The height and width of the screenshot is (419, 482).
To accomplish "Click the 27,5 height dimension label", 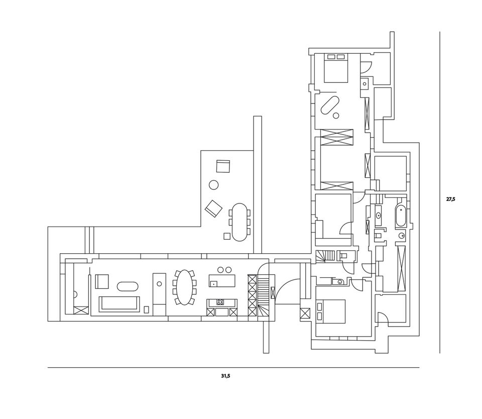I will tap(450, 199).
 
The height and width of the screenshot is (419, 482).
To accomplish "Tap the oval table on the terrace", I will tap(240, 222).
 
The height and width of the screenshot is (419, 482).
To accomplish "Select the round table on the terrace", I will tap(214, 185).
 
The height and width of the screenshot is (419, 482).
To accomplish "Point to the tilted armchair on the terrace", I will tap(213, 207).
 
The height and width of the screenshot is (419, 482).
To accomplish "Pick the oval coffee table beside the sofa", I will tap(128, 286).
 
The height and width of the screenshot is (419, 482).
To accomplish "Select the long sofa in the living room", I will tap(119, 304).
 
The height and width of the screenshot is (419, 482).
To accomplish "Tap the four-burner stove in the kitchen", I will tap(220, 302).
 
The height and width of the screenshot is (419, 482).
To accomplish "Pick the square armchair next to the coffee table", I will tap(102, 281).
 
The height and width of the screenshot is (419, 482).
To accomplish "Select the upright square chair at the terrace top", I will tap(223, 165).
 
